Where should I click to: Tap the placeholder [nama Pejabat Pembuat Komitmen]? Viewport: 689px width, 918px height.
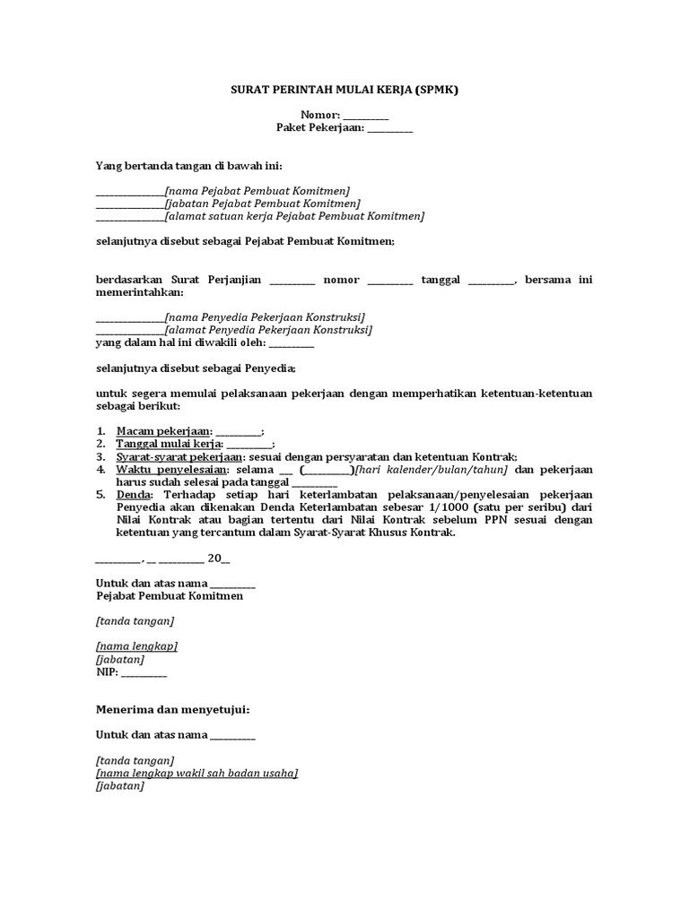click(257, 191)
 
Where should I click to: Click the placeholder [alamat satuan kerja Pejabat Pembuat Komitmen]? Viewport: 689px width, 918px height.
click(294, 216)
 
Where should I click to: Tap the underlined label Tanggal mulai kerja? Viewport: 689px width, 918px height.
click(170, 444)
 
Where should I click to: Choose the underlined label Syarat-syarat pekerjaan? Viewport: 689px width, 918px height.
click(179, 456)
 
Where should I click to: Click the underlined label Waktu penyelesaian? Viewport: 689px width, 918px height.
click(172, 469)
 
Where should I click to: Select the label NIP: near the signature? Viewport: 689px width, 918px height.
click(107, 671)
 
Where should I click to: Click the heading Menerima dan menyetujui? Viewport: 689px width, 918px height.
click(172, 709)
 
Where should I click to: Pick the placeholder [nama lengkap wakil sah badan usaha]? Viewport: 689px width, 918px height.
click(196, 773)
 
